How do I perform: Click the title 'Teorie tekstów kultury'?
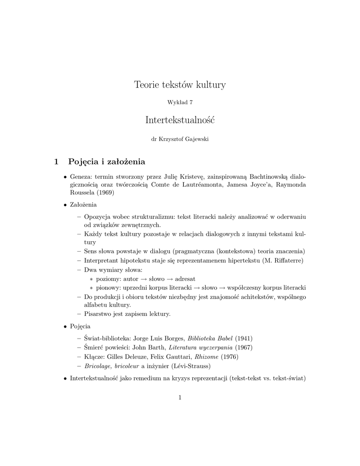click(180, 85)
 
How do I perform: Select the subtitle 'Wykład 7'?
click(180, 102)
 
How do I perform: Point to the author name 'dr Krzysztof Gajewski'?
click(180, 139)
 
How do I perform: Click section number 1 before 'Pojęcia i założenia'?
click(56, 161)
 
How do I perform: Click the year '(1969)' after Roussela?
click(105, 192)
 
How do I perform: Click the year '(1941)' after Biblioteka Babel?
click(244, 338)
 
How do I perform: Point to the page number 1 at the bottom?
click(180, 397)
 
